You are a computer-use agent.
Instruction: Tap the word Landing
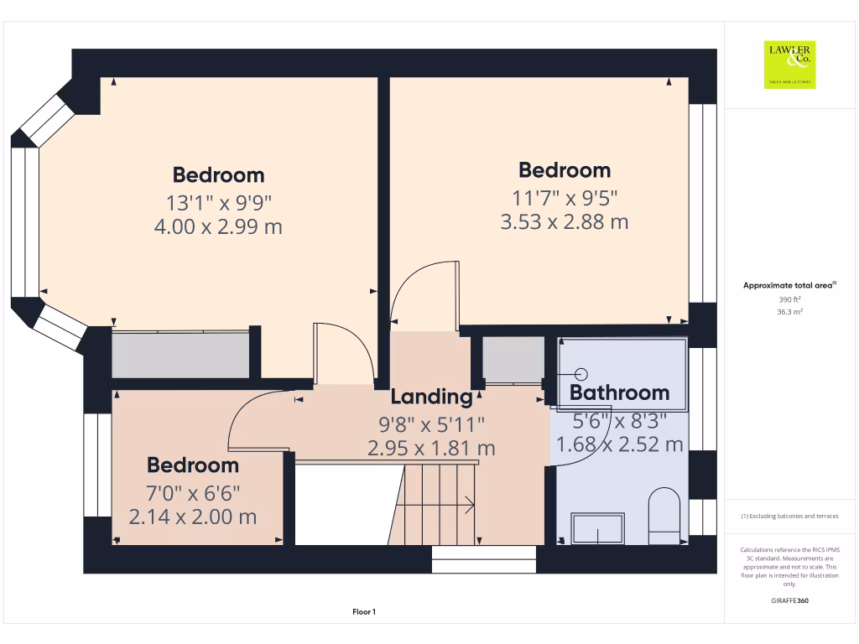[x=431, y=397]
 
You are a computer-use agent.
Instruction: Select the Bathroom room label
[x=619, y=392]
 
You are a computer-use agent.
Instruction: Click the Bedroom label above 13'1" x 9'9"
[x=218, y=175]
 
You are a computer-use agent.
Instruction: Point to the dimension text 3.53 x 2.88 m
[x=564, y=222]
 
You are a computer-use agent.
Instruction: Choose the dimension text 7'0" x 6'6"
[x=193, y=491]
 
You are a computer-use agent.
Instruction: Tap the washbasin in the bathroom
[x=597, y=528]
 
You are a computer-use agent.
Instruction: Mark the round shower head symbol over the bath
[x=582, y=374]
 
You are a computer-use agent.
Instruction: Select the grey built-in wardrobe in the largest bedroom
[x=180, y=355]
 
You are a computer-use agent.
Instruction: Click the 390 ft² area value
[x=790, y=299]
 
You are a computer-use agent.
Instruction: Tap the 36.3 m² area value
[x=790, y=311]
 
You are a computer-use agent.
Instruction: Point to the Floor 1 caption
[x=363, y=613]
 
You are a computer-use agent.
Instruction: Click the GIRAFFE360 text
[x=790, y=600]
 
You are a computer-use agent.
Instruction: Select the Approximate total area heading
[x=789, y=286]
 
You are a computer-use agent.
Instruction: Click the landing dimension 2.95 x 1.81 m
[x=431, y=449]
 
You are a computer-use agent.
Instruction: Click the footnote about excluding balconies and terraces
[x=790, y=516]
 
